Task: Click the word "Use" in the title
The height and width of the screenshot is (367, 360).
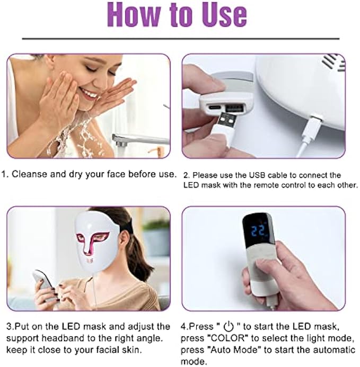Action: tap(225, 14)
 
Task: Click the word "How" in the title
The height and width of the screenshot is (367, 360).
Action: tap(135, 14)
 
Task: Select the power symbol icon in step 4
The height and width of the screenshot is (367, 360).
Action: tap(229, 327)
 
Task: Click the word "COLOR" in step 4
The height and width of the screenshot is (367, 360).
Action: tap(227, 338)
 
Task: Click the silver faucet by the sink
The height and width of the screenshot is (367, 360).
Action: tap(138, 140)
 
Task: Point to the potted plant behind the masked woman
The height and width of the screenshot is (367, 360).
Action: tap(156, 236)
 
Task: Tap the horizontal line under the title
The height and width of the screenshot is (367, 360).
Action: tap(181, 39)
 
